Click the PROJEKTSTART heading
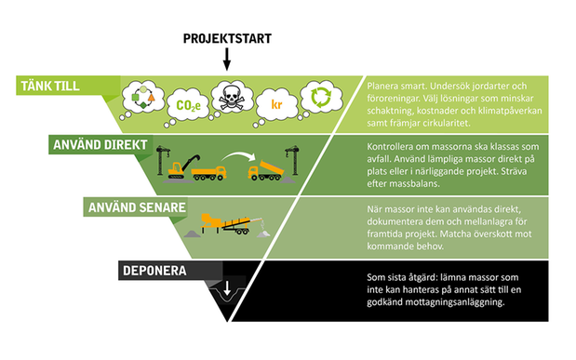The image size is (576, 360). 227,38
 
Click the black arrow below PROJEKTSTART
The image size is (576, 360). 227,60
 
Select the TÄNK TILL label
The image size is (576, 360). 50,86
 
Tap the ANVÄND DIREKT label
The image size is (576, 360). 100,145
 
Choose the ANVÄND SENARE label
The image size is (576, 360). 137,207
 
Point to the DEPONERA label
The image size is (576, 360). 154,271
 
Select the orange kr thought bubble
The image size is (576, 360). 276,106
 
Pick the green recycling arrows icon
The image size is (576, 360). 321,97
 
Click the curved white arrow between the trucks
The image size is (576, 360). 238,157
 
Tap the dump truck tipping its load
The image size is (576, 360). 266,171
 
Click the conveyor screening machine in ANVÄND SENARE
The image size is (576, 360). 227,223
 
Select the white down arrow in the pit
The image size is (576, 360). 227,288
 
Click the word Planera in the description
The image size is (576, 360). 382,87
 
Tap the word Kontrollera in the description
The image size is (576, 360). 391,147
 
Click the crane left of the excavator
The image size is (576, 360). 162,161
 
